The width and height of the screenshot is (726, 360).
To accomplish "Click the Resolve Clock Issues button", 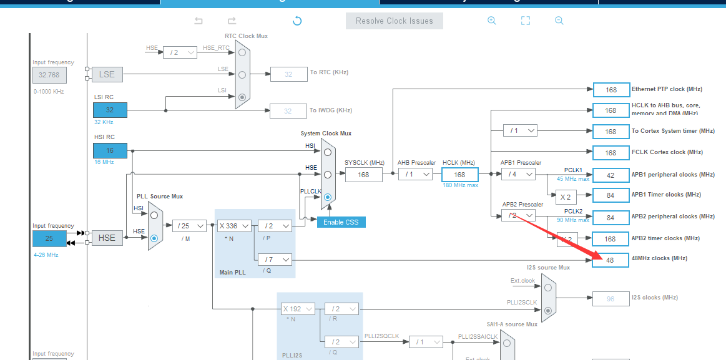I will tap(394, 21).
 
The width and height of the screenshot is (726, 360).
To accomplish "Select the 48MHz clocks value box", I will tap(611, 259).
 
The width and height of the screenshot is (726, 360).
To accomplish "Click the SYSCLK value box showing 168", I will tap(363, 175).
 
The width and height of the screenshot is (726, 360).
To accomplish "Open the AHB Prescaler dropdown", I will tap(416, 175).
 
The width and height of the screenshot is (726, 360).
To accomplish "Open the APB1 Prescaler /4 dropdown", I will tap(518, 175).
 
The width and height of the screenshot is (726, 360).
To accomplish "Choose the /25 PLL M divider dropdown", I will tap(190, 226).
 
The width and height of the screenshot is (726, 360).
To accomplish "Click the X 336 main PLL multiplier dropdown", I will tap(233, 226).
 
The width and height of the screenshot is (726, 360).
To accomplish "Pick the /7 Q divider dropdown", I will tap(275, 259).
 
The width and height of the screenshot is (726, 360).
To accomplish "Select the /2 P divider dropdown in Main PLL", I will tap(275, 226).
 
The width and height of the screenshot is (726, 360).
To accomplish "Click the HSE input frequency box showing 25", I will tap(49, 238).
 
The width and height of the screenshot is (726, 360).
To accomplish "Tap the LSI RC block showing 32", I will tap(110, 110).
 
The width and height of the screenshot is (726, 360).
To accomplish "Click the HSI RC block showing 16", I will tap(110, 150).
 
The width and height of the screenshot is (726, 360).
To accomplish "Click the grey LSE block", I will tap(107, 74).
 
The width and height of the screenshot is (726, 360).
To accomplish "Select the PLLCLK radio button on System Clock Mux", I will tap(327, 197).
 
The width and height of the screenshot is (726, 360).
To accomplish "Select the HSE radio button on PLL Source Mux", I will tap(154, 238).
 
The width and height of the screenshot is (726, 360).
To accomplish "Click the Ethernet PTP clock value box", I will tap(611, 90).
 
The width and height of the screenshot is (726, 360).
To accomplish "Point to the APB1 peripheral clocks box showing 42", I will tap(611, 175).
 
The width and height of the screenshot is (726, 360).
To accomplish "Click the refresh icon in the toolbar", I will tap(297, 21).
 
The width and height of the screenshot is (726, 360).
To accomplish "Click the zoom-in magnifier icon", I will tap(492, 21).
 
